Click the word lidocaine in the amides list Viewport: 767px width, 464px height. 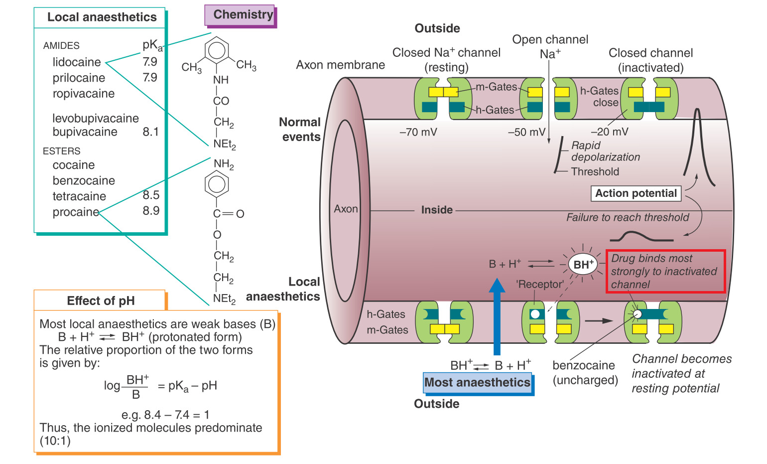77,62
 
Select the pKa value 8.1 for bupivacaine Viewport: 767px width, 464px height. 150,132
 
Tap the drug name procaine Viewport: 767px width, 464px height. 76,212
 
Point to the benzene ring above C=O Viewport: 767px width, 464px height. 217,184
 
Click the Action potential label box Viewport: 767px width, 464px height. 636,193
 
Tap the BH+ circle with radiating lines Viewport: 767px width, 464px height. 583,264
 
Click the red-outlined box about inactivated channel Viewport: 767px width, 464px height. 665,272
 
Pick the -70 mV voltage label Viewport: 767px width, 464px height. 418,132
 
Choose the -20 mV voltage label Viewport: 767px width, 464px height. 609,132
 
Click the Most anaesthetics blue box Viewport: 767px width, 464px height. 477,383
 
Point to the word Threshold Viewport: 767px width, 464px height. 595,172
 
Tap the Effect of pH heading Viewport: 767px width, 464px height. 101,301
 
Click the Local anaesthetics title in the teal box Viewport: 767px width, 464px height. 102,17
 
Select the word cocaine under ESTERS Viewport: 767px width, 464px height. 74,165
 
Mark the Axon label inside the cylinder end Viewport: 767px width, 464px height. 346,209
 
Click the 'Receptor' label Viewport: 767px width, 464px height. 540,285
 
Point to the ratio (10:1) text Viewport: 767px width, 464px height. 55,441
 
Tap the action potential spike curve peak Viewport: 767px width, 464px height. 697,111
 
